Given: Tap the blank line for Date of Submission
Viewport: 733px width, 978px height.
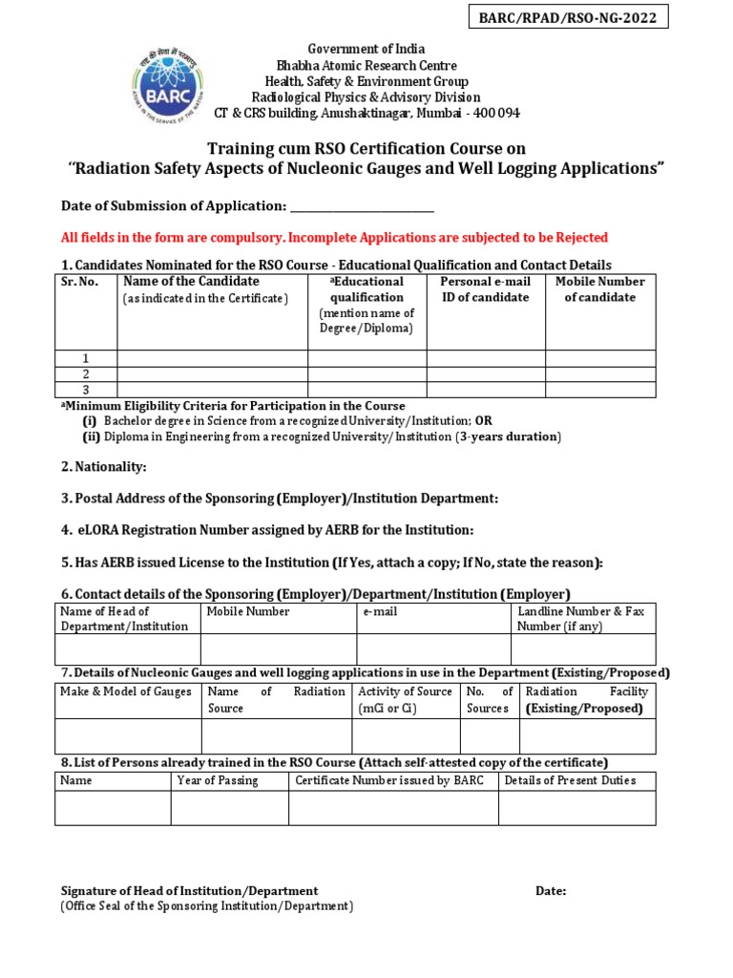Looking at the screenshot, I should pos(362,206).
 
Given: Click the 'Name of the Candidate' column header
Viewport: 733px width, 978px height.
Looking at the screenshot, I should pos(191,282).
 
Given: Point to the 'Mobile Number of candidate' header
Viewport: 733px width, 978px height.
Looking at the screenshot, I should pos(599,289).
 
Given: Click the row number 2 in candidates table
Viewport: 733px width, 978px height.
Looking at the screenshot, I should pos(86,373).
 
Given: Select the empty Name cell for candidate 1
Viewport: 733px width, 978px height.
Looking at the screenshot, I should pos(212,358).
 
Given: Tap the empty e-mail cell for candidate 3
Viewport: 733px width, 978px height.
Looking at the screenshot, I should pos(485,389).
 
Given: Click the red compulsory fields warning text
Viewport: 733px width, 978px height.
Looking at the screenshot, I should pos(334,237).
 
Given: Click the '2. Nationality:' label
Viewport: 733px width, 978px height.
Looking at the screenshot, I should pos(104,467).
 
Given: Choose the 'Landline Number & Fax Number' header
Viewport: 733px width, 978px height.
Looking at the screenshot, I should pos(581,618).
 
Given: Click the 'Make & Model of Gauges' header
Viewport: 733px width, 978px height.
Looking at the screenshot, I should pos(126,691).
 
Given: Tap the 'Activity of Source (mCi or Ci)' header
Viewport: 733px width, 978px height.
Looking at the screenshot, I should pos(405,699).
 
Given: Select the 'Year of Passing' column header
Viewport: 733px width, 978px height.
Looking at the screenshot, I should pos(218,780).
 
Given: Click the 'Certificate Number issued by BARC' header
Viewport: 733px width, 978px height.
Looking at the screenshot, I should pos(389,780).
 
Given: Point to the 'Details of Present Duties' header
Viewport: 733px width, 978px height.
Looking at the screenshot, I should pos(570,780).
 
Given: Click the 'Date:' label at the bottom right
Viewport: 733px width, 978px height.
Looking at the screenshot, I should pos(551,890).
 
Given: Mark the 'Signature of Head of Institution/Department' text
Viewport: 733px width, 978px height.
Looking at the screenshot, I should pos(190,890).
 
